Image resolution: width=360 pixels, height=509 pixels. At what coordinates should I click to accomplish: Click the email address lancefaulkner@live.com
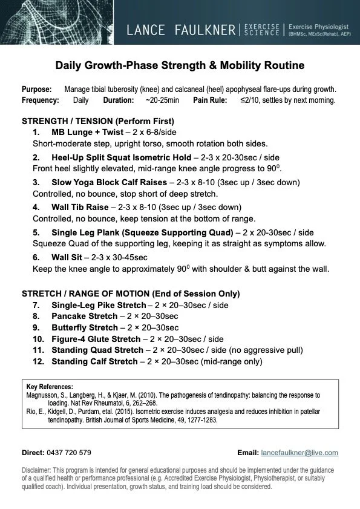(x=299, y=452)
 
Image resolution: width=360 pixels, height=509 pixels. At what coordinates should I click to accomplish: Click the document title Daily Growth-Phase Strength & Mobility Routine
(x=180, y=65)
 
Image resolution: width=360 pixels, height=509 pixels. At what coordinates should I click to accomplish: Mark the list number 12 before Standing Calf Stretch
(x=38, y=362)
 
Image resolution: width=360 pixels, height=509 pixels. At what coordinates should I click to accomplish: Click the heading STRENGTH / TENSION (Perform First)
(x=97, y=120)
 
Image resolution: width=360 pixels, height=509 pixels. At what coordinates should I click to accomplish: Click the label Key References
(x=50, y=387)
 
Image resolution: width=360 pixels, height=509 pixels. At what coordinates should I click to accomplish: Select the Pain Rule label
(x=211, y=100)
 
